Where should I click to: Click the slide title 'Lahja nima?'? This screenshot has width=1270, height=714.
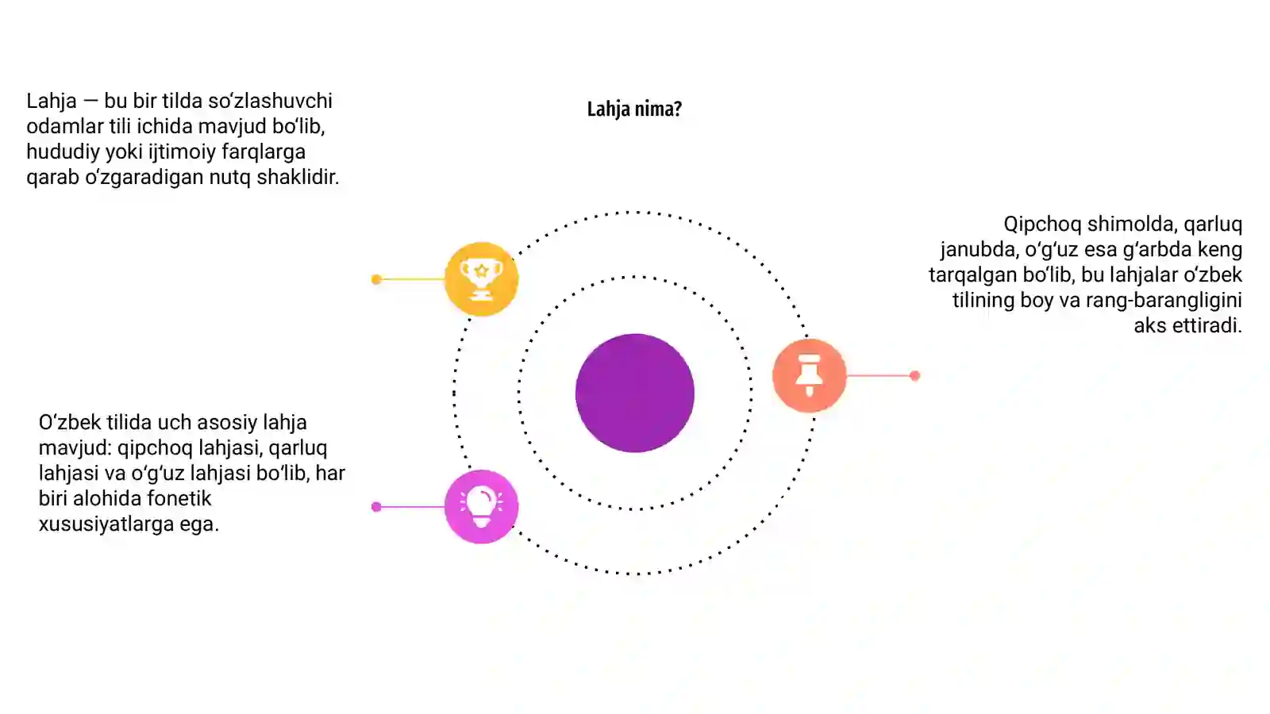pyautogui.click(x=634, y=109)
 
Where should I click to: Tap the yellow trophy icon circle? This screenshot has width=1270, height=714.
pyautogui.click(x=481, y=278)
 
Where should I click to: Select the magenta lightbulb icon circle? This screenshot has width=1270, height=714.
pyautogui.click(x=481, y=507)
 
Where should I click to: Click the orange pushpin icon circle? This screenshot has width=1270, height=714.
pyautogui.click(x=809, y=375)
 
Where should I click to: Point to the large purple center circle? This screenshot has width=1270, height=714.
pyautogui.click(x=635, y=393)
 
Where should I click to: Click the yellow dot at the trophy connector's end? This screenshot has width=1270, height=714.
pyautogui.click(x=376, y=278)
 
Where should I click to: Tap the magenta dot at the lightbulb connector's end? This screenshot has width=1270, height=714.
pyautogui.click(x=376, y=507)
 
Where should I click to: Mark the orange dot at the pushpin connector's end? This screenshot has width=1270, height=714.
pyautogui.click(x=914, y=375)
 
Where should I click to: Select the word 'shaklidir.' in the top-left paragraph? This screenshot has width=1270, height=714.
pyautogui.click(x=298, y=177)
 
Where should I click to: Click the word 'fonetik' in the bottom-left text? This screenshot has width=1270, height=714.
pyautogui.click(x=179, y=498)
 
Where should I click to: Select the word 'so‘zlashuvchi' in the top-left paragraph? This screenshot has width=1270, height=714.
pyautogui.click(x=270, y=101)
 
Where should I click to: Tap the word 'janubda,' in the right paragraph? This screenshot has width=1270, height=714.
pyautogui.click(x=979, y=249)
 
